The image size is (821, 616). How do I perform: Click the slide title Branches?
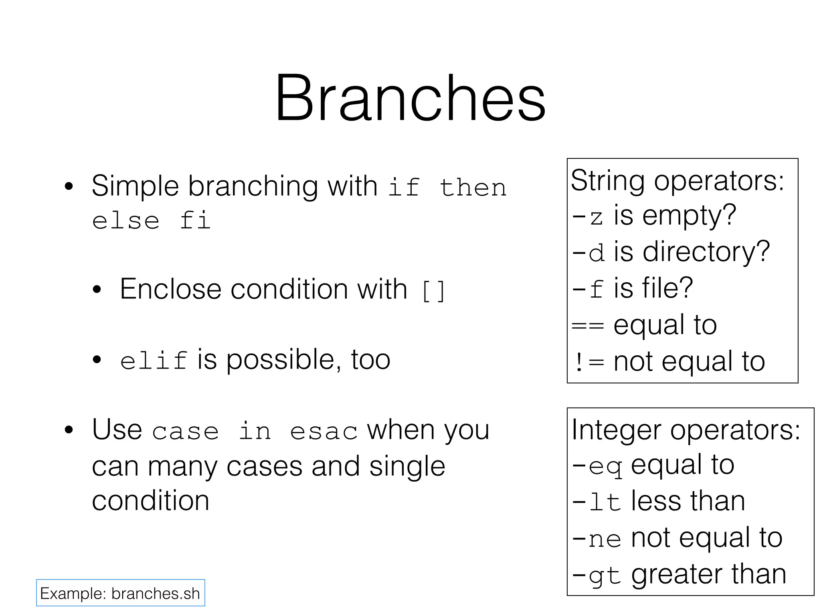[x=410, y=98]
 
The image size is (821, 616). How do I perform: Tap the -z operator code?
[x=587, y=217]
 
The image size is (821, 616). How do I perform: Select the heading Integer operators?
[x=686, y=430]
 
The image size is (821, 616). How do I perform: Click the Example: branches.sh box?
[x=120, y=593]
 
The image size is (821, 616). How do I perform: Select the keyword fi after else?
[x=195, y=221]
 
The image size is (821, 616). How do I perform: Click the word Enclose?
[x=170, y=289]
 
